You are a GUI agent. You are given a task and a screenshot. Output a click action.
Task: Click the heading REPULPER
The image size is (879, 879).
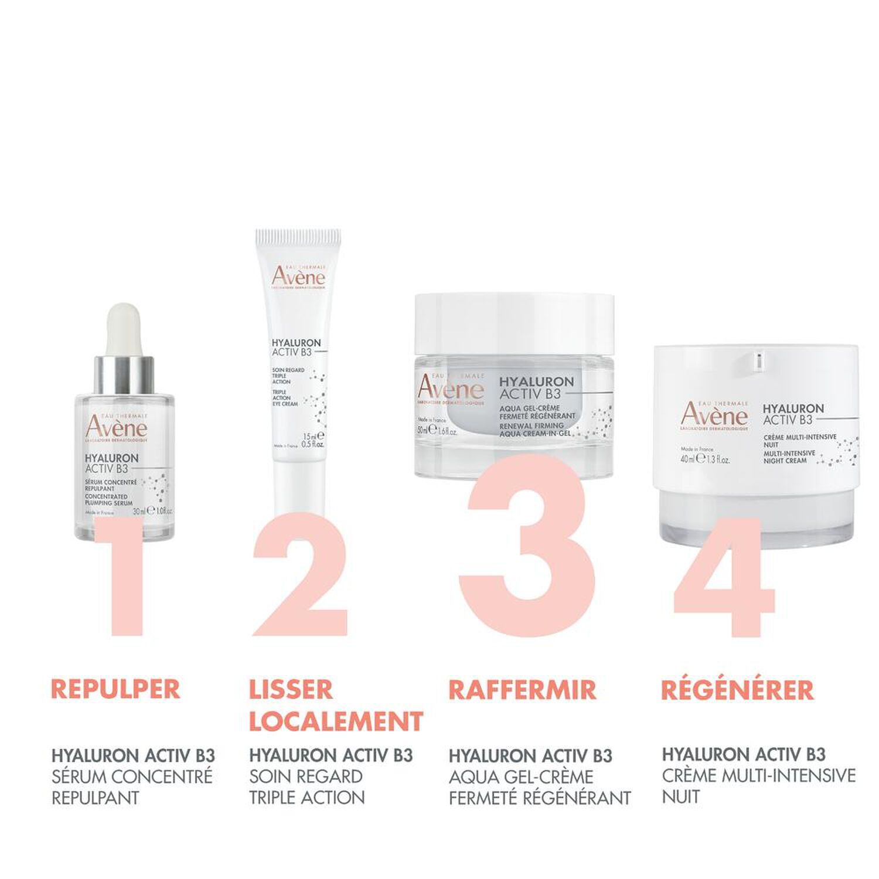(x=115, y=690)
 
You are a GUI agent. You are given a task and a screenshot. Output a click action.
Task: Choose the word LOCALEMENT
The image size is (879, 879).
(x=336, y=721)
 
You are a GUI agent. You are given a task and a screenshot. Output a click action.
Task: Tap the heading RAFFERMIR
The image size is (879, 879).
(x=522, y=690)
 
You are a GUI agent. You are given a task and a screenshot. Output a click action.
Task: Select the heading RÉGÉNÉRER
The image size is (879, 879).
(x=737, y=690)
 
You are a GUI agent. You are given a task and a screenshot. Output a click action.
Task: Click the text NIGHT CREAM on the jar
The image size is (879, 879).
(x=785, y=461)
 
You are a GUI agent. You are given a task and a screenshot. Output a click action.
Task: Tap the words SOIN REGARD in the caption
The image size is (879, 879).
(x=306, y=776)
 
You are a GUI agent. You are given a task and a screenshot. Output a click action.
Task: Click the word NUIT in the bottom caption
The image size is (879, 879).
(x=681, y=796)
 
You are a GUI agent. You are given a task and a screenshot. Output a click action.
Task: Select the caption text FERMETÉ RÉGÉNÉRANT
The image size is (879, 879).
(x=540, y=798)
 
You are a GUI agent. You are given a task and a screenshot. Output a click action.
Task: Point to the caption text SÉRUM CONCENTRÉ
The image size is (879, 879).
(x=132, y=776)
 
